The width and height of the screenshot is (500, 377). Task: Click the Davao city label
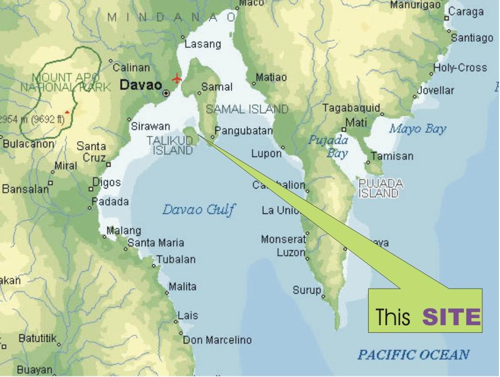pyautogui.click(x=141, y=85)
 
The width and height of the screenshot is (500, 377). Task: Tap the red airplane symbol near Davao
pyautogui.click(x=177, y=79)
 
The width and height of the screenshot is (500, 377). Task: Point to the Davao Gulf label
pyautogui.click(x=199, y=209)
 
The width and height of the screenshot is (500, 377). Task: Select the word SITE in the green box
pyautogui.click(x=451, y=317)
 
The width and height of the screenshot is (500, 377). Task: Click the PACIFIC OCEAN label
pyautogui.click(x=413, y=355)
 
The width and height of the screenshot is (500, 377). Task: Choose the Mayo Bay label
pyautogui.click(x=418, y=129)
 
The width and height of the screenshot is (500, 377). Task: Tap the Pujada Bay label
pyautogui.click(x=328, y=146)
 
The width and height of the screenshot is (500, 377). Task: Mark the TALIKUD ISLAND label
pyautogui.click(x=170, y=145)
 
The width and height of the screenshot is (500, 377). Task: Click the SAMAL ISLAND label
pyautogui.click(x=247, y=109)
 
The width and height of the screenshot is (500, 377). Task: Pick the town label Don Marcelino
pyautogui.click(x=217, y=340)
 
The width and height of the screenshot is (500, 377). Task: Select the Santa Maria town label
pyautogui.click(x=156, y=243)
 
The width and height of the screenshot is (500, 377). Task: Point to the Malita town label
pyautogui.click(x=182, y=287)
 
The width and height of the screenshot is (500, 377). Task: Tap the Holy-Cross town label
pyautogui.click(x=460, y=68)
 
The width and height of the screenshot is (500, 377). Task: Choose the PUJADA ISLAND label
pyautogui.click(x=381, y=188)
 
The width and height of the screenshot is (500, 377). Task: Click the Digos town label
pyautogui.click(x=107, y=182)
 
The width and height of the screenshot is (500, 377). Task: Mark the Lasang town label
pyautogui.click(x=203, y=44)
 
